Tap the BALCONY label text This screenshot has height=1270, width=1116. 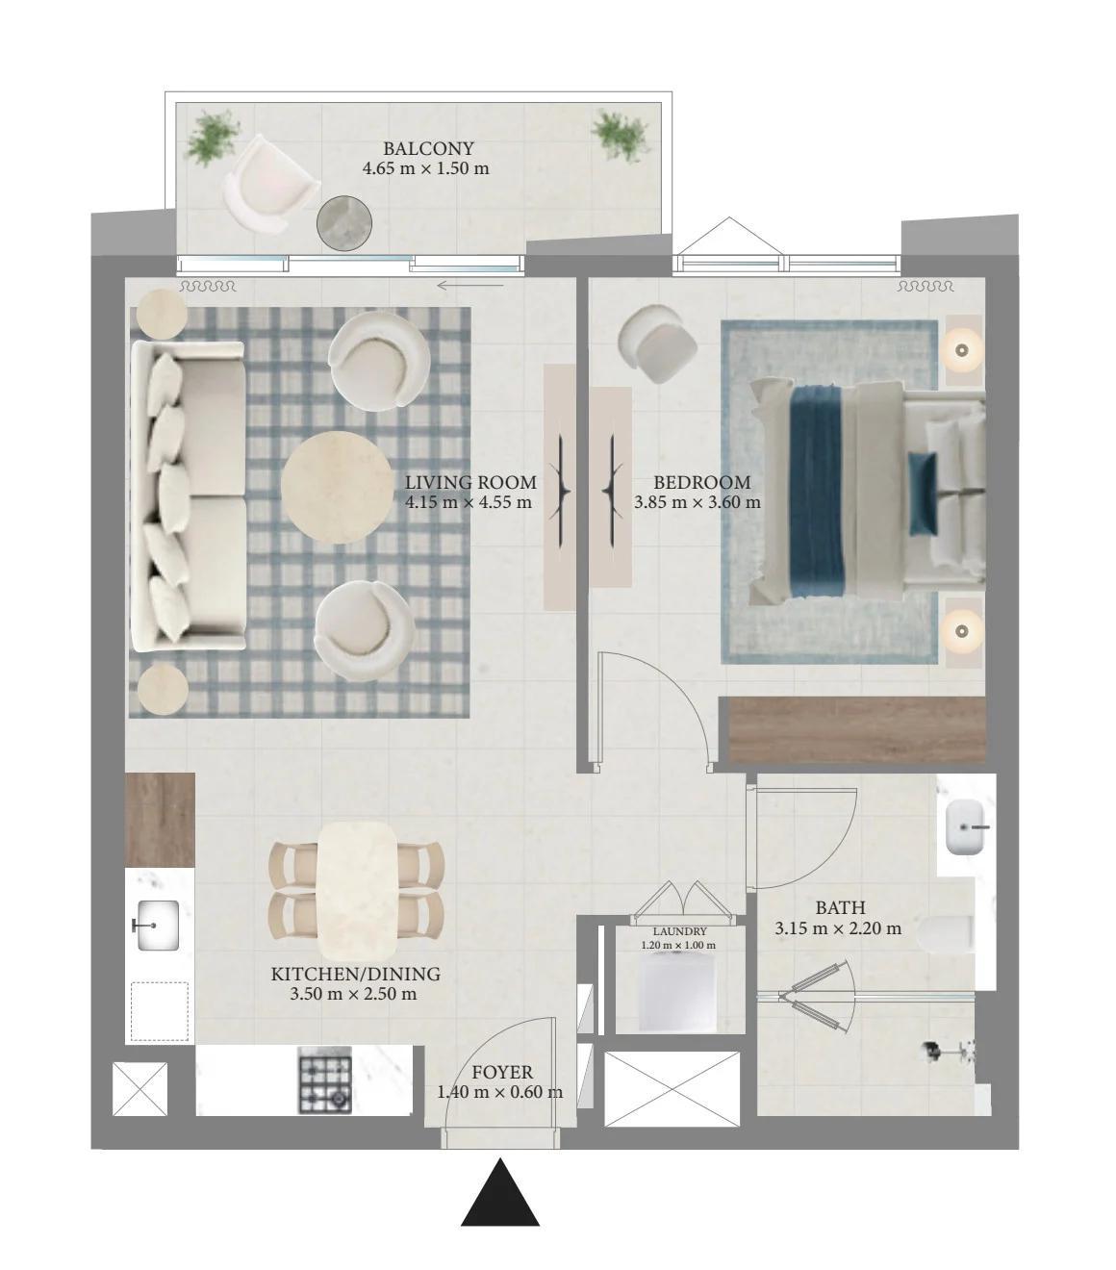click(428, 148)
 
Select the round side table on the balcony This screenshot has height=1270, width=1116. click(344, 223)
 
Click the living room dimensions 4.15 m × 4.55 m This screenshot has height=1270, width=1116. click(469, 502)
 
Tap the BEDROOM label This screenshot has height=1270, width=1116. click(702, 482)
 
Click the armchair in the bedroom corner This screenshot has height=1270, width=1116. click(657, 343)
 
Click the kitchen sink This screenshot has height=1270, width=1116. click(156, 926)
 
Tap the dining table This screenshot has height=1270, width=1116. click(357, 891)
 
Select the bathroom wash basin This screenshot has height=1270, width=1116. click(966, 827)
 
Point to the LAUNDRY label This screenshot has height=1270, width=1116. click(679, 931)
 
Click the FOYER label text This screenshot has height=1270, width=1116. click(502, 1072)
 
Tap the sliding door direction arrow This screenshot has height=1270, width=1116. click(470, 286)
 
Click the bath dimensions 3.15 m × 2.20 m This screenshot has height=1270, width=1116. click(838, 928)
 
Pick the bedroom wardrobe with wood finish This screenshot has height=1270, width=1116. click(858, 729)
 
